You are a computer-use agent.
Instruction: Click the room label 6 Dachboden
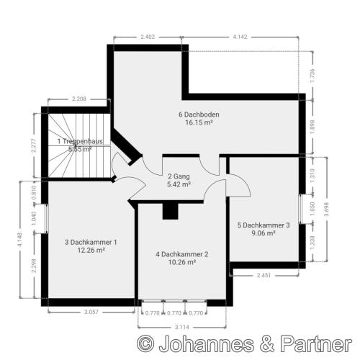pos(199,114)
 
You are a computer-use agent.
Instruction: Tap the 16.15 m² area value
pos(199,123)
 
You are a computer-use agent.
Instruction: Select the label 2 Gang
pos(179,176)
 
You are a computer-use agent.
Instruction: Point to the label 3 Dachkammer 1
pos(91,243)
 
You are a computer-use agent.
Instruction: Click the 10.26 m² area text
pos(181,263)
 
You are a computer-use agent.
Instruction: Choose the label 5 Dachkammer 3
pos(264,225)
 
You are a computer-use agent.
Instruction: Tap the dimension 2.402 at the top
pos(148,36)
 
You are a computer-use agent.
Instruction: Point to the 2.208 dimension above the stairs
pos(78,98)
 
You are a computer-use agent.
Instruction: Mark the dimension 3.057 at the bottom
pos(91,312)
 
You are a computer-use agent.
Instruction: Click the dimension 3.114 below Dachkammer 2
pos(182,327)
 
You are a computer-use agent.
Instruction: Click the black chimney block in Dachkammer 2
pos(171,210)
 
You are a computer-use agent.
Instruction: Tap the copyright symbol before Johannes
pos(146,344)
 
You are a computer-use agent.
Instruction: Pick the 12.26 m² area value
pos(91,251)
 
